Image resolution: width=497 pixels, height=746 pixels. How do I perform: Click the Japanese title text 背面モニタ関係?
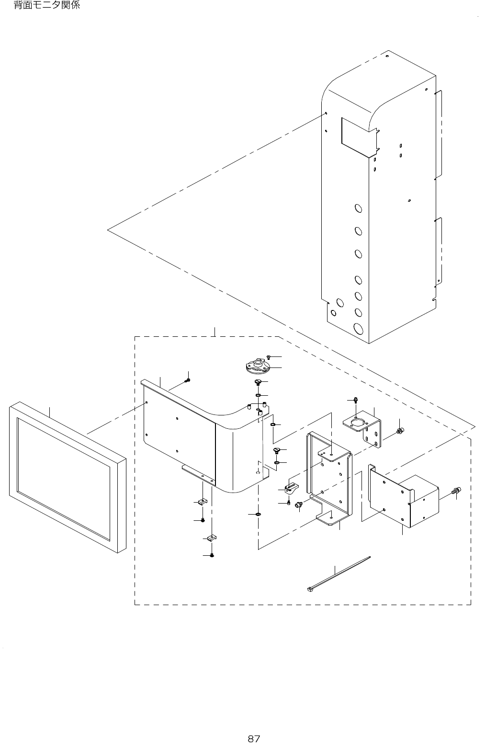coord(47,6)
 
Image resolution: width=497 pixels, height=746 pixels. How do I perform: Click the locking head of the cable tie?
coord(309,589)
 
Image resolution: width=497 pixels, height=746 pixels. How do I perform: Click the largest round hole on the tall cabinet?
coord(358,329)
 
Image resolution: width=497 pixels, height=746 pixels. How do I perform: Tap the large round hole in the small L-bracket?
coord(356,422)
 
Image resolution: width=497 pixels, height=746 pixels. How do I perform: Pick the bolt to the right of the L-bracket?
coord(400,432)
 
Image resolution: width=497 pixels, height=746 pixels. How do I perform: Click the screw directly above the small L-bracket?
coord(356,400)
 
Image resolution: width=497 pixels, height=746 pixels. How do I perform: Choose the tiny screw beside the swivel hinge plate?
coord(270,357)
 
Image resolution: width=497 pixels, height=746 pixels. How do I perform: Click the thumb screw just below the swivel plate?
coord(258,382)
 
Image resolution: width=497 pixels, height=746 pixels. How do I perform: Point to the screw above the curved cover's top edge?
coord(188,380)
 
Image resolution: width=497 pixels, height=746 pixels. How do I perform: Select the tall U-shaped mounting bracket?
coord(330,477)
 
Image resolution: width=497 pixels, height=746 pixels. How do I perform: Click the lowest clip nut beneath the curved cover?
coord(211,537)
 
